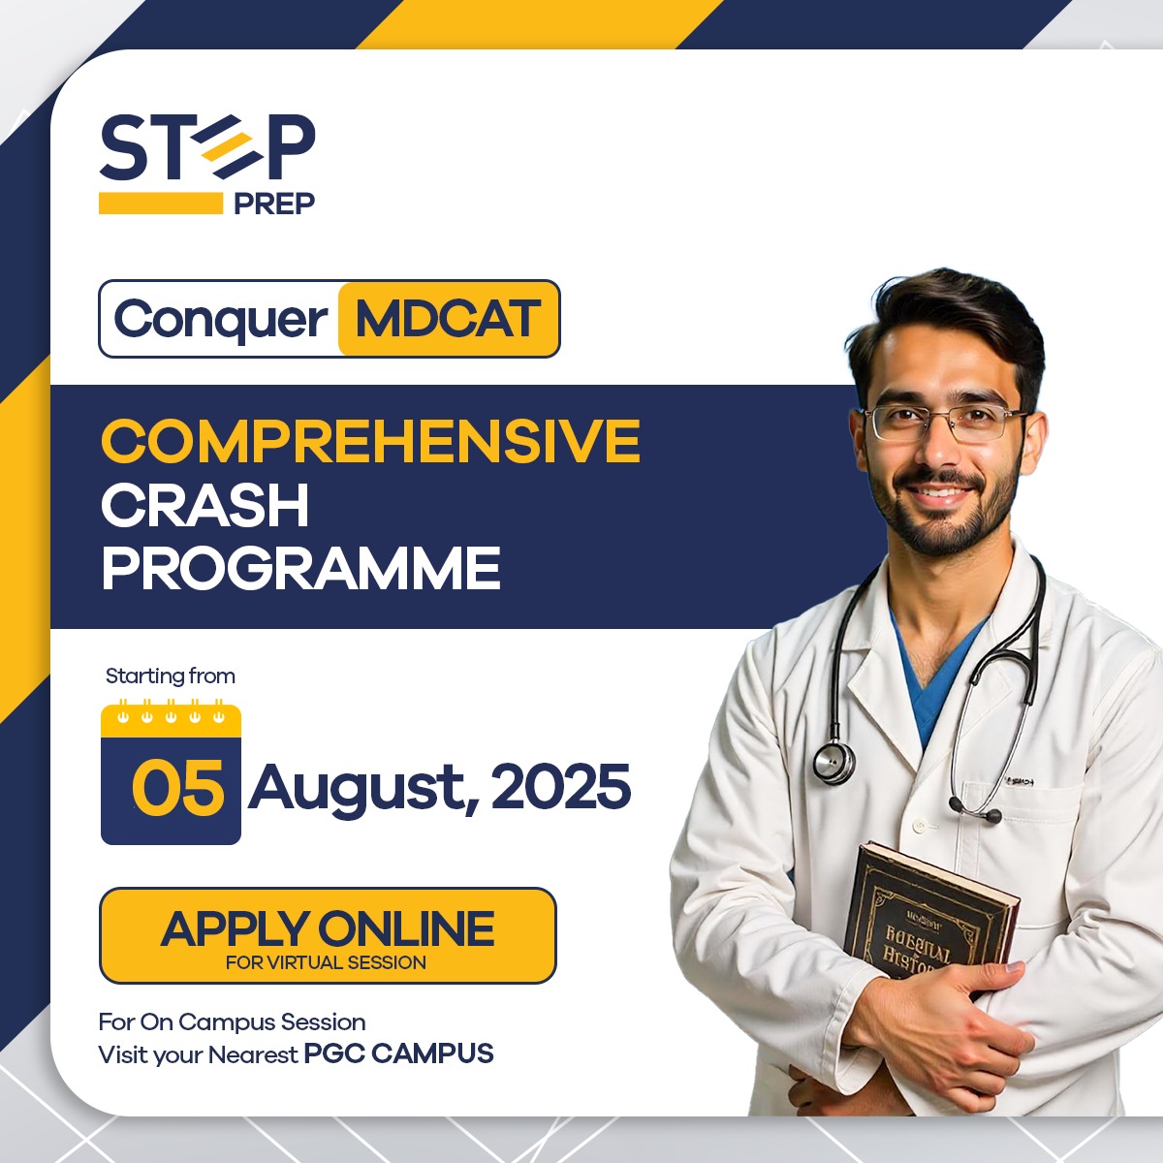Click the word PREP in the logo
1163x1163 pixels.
coord(274,204)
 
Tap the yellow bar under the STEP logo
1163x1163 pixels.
coord(161,203)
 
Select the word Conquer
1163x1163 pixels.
coord(221,319)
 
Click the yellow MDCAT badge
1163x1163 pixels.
coord(448,319)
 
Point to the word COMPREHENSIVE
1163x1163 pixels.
coord(370,442)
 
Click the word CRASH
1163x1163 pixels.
coord(204,505)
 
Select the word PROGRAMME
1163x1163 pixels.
coord(300,568)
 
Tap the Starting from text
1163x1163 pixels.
coord(171,676)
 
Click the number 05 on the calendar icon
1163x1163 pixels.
coord(177,787)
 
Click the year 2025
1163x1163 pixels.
coord(561,787)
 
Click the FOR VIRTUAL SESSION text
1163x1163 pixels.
coord(326,962)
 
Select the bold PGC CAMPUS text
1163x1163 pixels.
coord(398,1053)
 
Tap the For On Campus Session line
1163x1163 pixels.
coord(232,1022)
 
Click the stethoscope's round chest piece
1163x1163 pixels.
coord(832,762)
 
